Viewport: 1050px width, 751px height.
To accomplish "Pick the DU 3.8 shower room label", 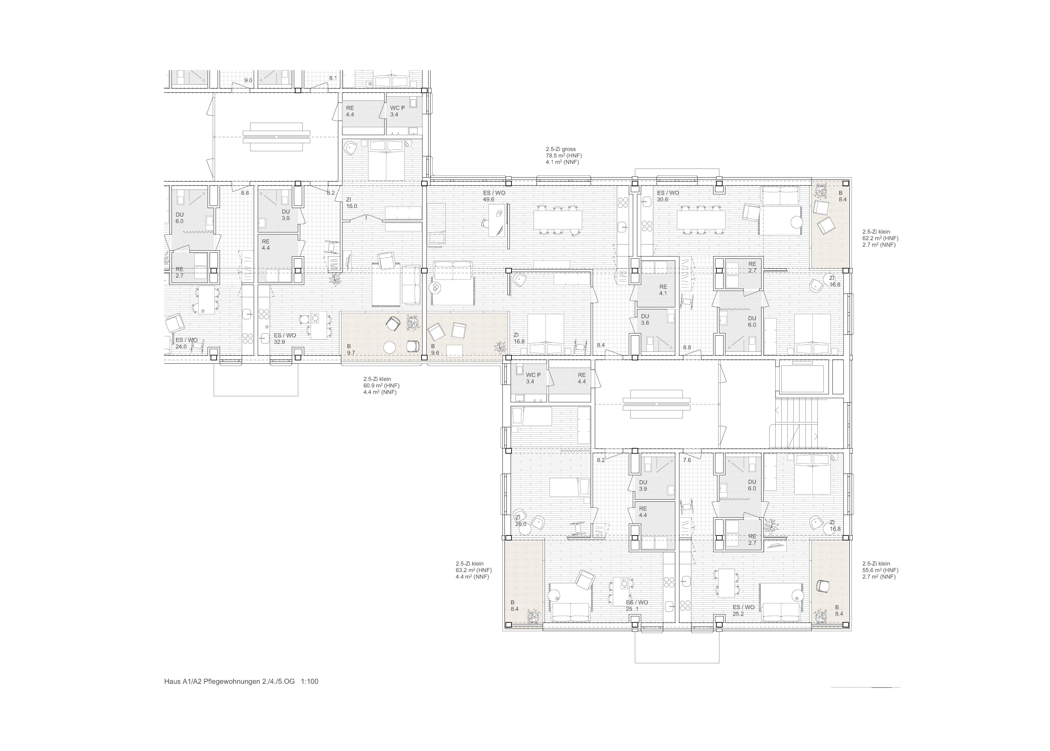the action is (x=645, y=320).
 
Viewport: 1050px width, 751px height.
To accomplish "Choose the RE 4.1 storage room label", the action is (x=663, y=290).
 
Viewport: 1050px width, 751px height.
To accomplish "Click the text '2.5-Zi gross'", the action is (x=561, y=149).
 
